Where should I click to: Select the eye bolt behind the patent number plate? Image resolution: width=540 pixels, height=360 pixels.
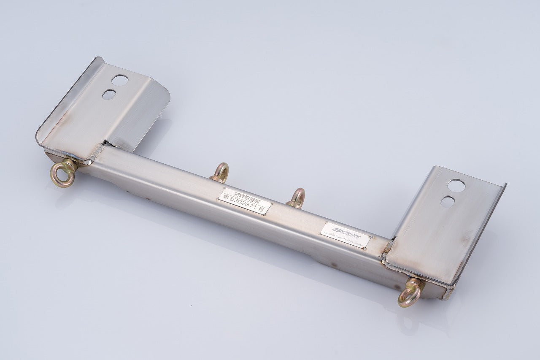click(220, 172)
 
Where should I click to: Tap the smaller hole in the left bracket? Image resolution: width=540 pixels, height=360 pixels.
click(109, 94)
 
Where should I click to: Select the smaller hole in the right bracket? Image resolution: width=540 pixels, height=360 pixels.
click(447, 202)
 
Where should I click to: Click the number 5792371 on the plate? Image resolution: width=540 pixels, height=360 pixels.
click(248, 205)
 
